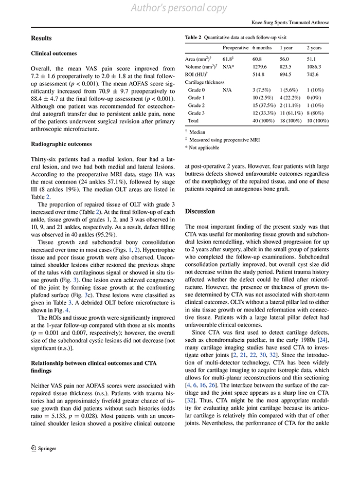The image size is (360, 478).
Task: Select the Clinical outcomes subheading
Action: click(54, 53)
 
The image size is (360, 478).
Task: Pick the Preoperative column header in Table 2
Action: click(235, 48)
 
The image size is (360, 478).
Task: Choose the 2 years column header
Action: click(314, 48)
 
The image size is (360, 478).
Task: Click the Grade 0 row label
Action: click(196, 89)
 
